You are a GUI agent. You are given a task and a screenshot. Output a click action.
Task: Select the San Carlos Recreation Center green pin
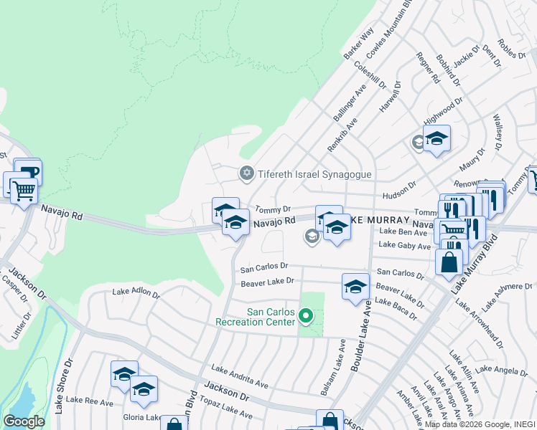[306, 316]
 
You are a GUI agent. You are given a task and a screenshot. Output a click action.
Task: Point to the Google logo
[24, 421]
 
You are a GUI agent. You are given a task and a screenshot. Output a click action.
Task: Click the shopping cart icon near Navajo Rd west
[24, 191]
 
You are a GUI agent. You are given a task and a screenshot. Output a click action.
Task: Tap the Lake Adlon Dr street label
[136, 292]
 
